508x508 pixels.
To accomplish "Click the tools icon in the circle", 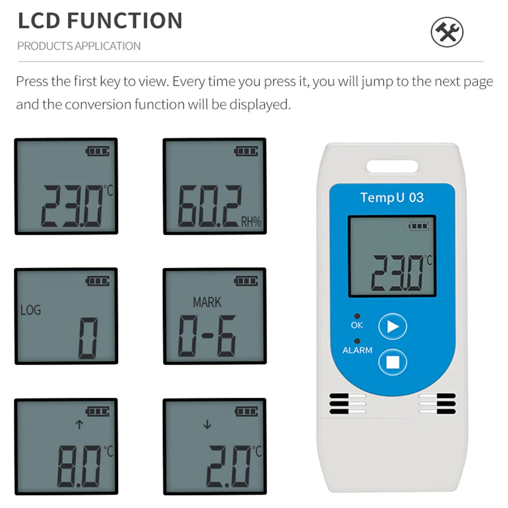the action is click(447, 32).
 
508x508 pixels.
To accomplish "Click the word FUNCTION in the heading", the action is click(125, 21).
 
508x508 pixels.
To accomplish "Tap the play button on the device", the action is click(392, 326).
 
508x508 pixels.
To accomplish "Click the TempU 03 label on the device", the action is click(392, 197).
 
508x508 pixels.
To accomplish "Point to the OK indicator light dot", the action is click(357, 316).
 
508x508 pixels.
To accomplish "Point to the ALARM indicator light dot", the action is click(357, 341).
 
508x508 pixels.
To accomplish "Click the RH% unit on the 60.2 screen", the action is click(251, 222).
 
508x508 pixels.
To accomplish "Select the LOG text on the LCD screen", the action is click(31, 310).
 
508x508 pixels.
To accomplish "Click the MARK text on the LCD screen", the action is click(207, 302).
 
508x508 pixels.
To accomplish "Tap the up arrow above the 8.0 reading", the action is click(79, 424).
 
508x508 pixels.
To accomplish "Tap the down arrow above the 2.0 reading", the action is click(207, 424).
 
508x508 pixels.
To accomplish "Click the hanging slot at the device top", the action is click(392, 167).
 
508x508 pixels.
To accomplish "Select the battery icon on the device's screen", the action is click(419, 226).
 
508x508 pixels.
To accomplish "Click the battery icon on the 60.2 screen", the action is click(246, 151).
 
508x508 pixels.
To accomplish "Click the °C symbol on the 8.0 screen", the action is click(109, 451).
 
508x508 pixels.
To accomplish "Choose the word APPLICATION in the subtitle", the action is click(108, 46).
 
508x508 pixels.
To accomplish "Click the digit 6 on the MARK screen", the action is click(227, 336).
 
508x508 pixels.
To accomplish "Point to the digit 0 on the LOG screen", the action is click(88, 338).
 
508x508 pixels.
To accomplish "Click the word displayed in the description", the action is click(260, 105).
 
